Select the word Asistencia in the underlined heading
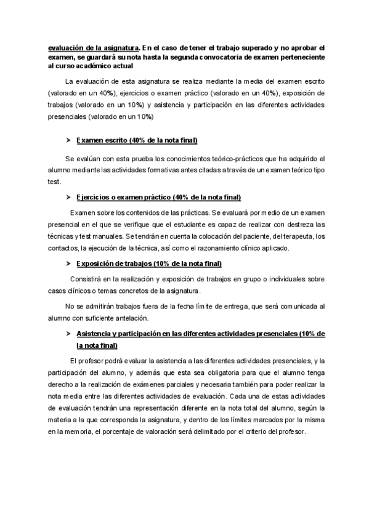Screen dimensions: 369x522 tap(97, 333)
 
